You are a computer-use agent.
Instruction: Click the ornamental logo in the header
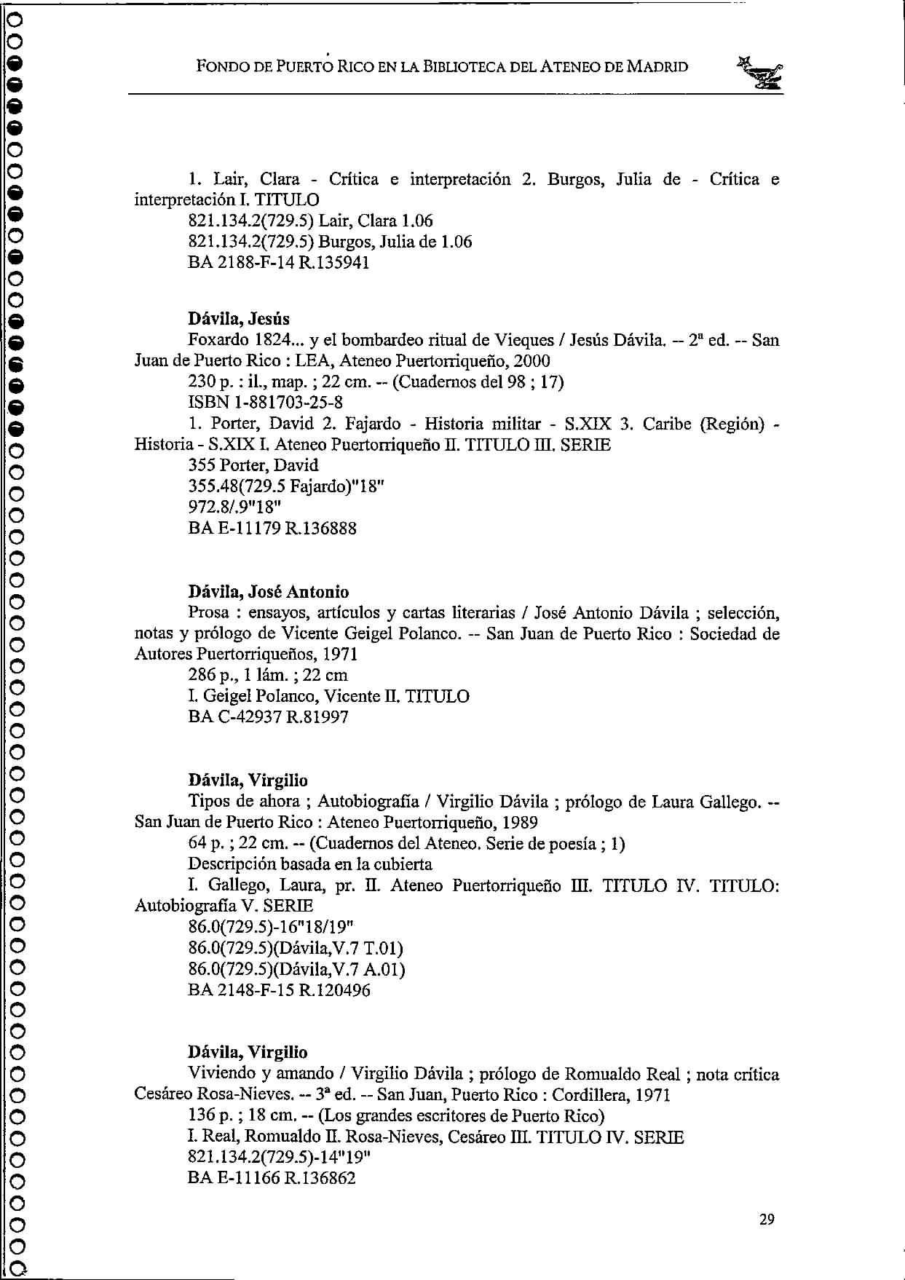click(762, 73)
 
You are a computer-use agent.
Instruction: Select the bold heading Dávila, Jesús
click(238, 319)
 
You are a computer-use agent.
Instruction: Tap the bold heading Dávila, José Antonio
click(268, 592)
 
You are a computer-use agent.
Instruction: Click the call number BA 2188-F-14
click(237, 263)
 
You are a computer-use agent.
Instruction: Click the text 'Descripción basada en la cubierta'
click(309, 864)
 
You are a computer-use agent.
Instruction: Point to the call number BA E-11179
click(234, 529)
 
